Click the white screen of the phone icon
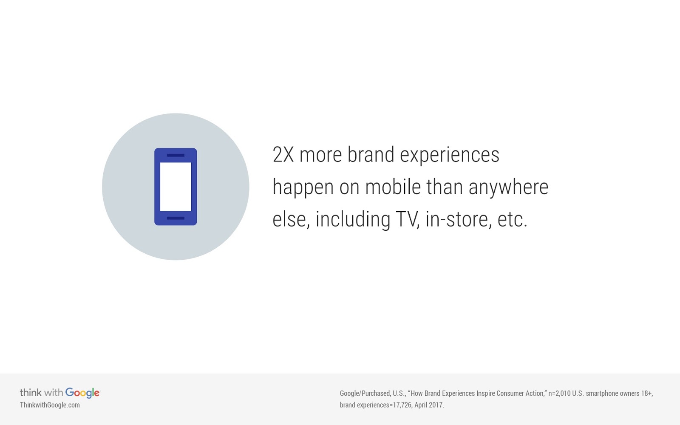coord(176,187)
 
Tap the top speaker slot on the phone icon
coord(176,155)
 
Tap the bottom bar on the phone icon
coord(176,218)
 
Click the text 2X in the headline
coord(283,155)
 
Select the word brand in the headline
coord(371,155)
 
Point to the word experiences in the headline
coord(450,156)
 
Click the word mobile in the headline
coord(393,187)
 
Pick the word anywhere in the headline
coord(508,188)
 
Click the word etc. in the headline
coord(512,220)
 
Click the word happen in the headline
coord(303,188)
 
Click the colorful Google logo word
coord(82,393)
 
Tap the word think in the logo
coord(31,393)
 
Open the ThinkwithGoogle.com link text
coord(50,405)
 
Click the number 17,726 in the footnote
coord(402,405)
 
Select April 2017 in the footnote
coord(429,405)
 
